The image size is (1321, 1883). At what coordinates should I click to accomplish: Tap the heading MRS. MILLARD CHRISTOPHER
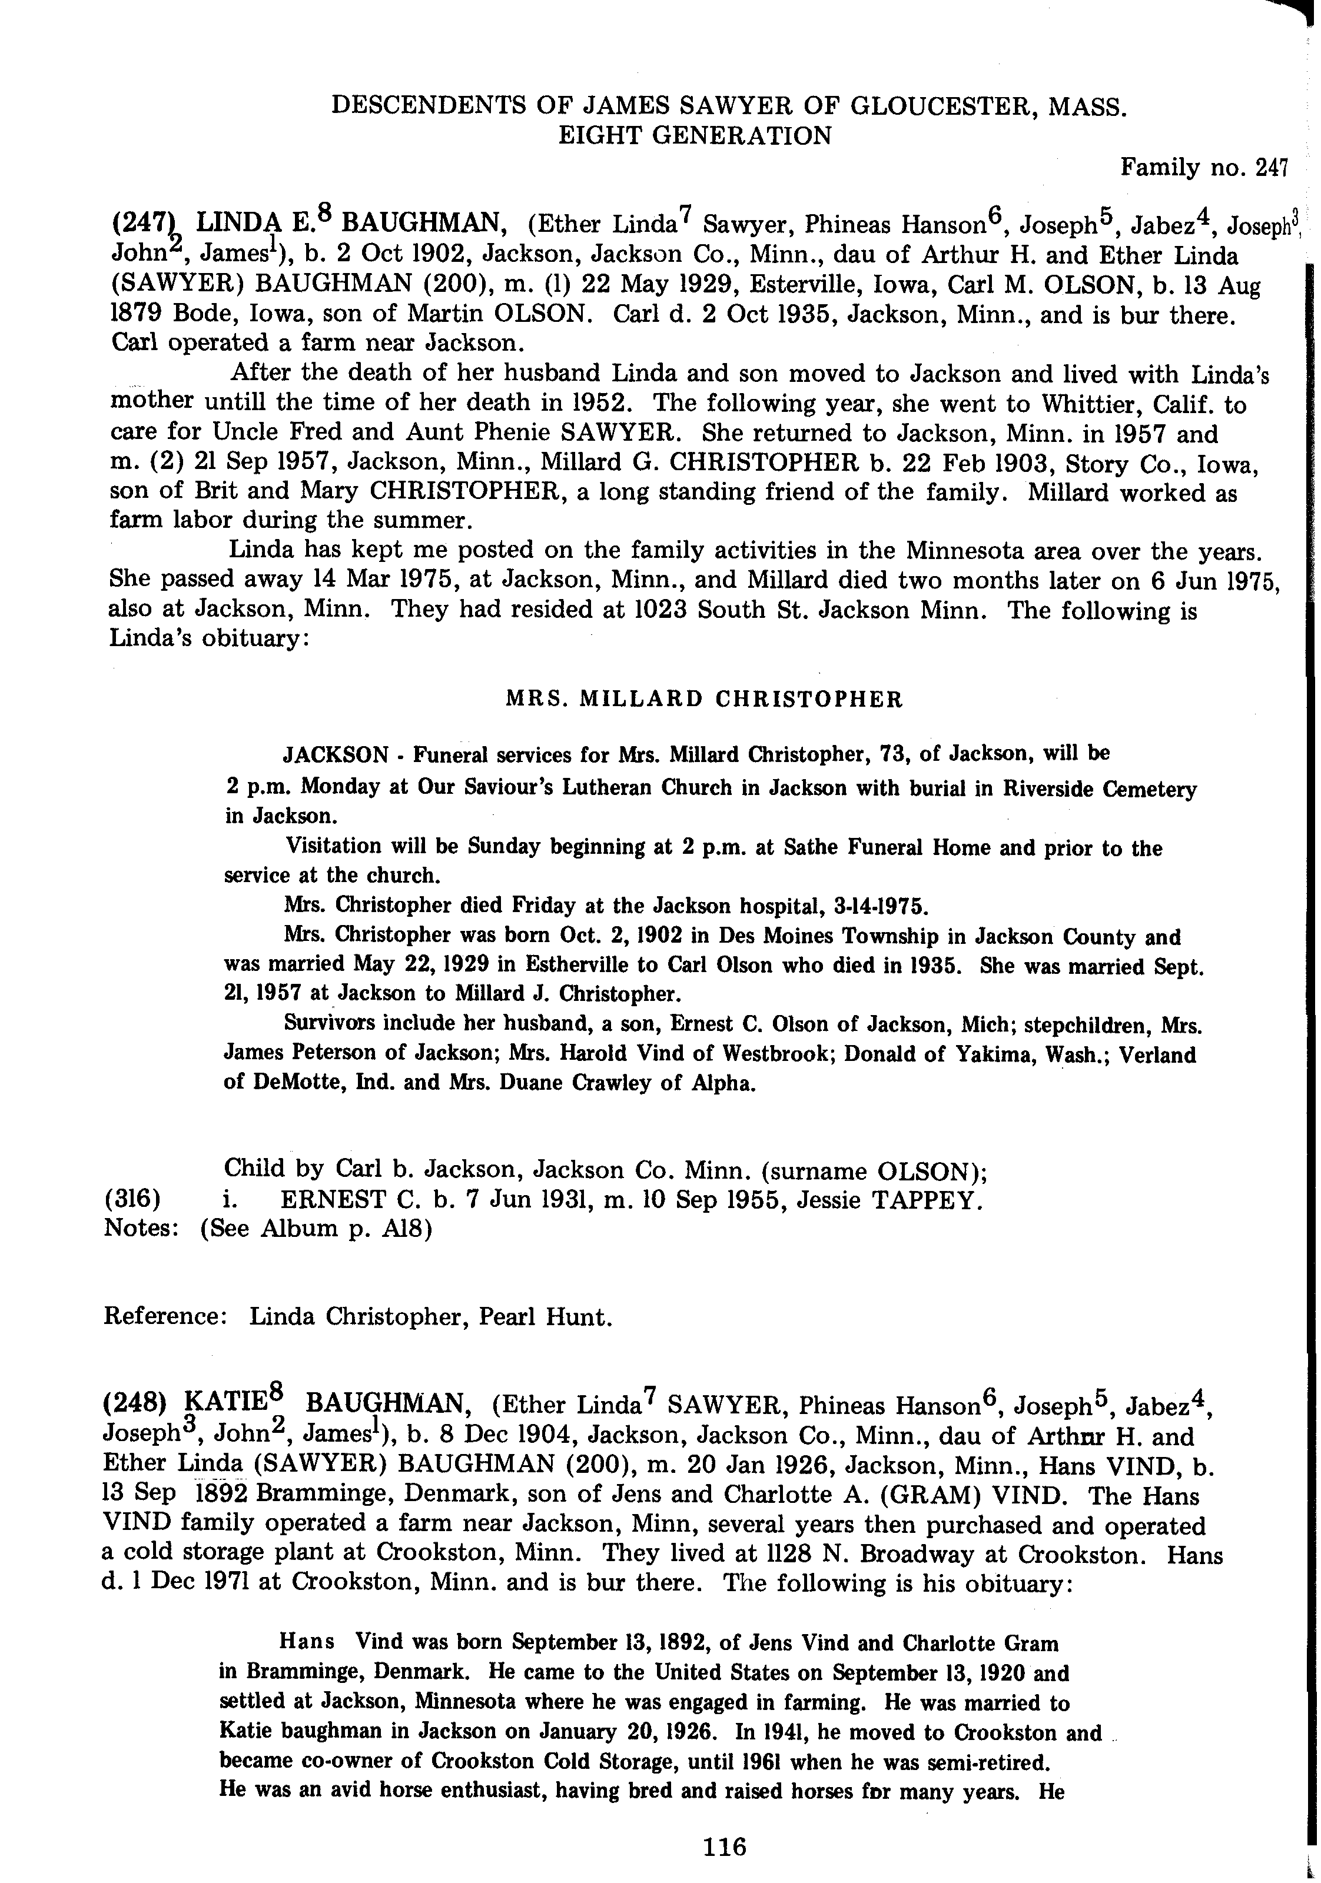tap(703, 700)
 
